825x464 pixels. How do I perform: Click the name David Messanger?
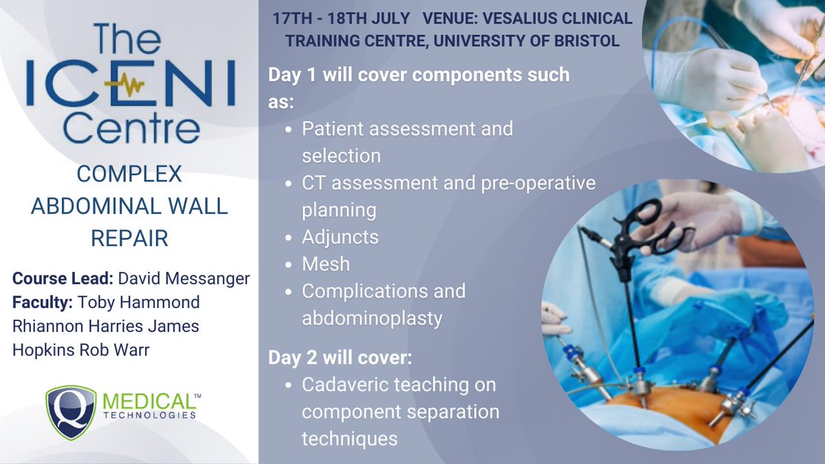(x=185, y=280)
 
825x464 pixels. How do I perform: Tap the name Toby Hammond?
(x=140, y=302)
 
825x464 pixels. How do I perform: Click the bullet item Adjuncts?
(x=340, y=237)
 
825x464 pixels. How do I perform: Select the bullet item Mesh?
(x=326, y=264)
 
